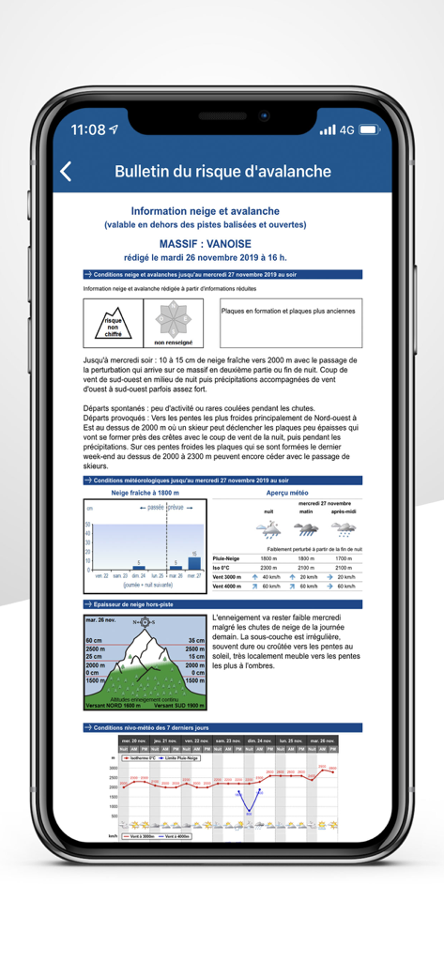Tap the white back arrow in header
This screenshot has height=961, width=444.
tap(66, 172)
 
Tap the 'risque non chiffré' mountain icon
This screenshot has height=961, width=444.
tap(113, 322)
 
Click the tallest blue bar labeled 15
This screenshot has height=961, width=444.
tap(194, 563)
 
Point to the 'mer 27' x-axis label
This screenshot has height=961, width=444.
tap(194, 574)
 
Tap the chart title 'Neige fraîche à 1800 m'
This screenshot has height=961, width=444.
tap(145, 493)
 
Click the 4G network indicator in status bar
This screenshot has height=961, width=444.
tap(348, 130)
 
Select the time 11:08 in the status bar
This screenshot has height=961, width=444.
tap(87, 130)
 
